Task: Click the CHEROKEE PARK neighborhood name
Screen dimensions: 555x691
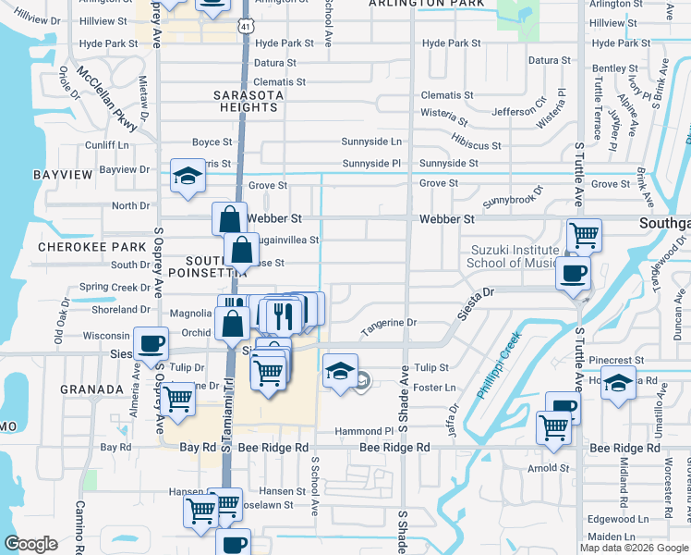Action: (91, 247)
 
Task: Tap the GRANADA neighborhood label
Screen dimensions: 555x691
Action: (92, 389)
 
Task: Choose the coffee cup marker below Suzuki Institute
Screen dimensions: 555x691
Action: (572, 273)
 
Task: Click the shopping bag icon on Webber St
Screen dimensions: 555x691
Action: (229, 219)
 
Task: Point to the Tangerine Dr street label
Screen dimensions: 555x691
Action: (389, 324)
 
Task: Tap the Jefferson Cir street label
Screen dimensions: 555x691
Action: (514, 113)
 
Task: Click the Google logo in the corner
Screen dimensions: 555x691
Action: (31, 544)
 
